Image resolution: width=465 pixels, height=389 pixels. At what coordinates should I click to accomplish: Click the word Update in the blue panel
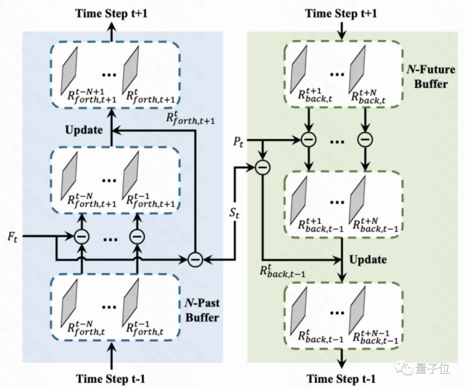click(84, 130)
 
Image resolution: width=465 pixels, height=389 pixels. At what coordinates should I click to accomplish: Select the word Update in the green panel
click(368, 260)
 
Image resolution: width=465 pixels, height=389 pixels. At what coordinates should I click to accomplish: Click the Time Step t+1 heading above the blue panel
click(112, 13)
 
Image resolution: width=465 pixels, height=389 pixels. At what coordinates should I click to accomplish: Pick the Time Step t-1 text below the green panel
click(341, 379)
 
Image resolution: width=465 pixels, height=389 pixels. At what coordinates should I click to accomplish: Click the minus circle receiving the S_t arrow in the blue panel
click(195, 259)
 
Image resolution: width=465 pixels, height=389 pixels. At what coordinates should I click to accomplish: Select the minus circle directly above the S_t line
click(261, 168)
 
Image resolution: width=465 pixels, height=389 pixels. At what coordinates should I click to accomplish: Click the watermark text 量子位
click(432, 369)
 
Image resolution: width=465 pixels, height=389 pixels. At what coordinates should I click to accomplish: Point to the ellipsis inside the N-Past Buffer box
click(110, 307)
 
